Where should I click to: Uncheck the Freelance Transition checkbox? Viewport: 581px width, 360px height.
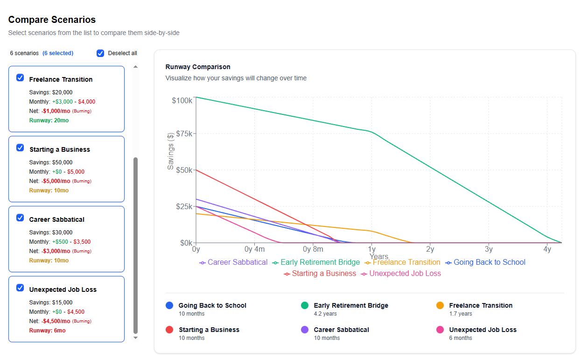(x=20, y=78)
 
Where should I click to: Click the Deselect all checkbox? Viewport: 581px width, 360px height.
(x=100, y=53)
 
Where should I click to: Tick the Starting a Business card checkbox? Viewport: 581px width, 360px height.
(x=20, y=148)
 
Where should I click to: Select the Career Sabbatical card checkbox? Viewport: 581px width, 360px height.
(x=20, y=218)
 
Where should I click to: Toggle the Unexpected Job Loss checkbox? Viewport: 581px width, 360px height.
(x=20, y=288)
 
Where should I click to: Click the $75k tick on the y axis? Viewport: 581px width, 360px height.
(x=182, y=134)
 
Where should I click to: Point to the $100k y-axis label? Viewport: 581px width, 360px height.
(x=182, y=100)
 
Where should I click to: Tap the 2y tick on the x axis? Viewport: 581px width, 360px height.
(x=430, y=249)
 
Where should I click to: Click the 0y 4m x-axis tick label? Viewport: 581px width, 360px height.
(x=254, y=249)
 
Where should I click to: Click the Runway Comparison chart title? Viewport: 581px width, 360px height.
(x=198, y=67)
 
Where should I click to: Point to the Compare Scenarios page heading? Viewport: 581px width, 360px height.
(x=52, y=20)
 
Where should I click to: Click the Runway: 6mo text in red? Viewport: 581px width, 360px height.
(x=47, y=331)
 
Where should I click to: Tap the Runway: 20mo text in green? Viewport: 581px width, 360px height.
(x=49, y=120)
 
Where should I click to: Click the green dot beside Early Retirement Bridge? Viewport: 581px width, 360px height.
(x=305, y=305)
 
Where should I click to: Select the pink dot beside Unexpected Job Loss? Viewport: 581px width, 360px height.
(x=440, y=330)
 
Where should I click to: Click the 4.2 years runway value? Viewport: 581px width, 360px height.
(x=325, y=314)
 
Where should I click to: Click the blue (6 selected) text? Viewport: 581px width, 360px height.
(x=58, y=53)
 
